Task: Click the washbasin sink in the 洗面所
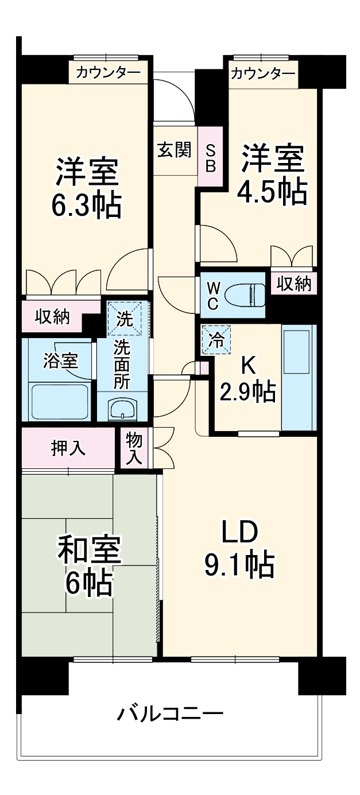click(122, 409)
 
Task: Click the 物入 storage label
click(134, 448)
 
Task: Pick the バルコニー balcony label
click(170, 714)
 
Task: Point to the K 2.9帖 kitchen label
click(247, 379)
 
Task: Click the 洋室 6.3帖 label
click(87, 188)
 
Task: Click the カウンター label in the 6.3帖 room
click(108, 72)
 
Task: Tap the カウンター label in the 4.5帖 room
click(263, 73)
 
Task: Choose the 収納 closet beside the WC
click(293, 284)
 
